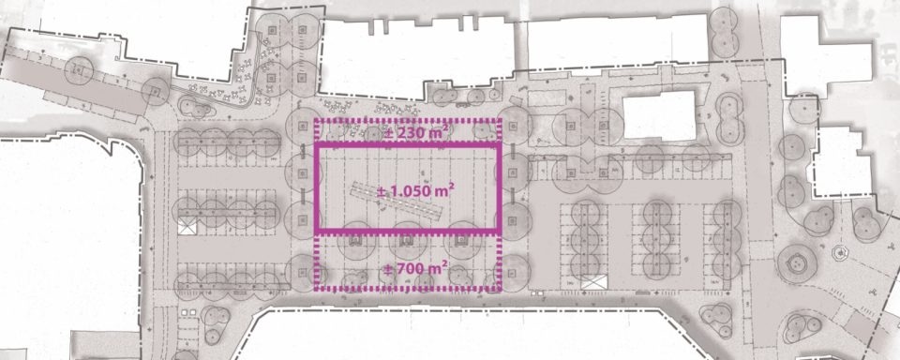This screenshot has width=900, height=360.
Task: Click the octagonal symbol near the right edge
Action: coord(839,252)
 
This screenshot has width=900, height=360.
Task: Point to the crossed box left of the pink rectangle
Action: coord(187,226)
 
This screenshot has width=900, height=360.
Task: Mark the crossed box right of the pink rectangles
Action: coord(593,282)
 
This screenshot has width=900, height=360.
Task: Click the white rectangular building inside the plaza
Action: coord(659,115)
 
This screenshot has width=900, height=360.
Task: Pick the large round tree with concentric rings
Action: coord(797,263)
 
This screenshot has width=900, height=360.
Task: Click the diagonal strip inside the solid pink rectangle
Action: coord(397,202)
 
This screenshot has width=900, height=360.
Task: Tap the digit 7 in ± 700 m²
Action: coord(397,268)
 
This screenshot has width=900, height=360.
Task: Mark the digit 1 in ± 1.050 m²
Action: coord(394,191)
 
